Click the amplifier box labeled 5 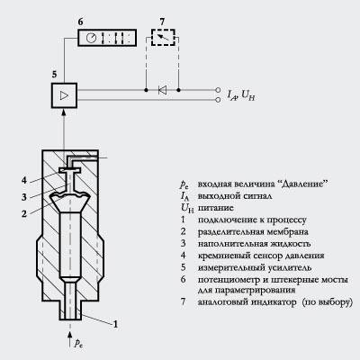pyautogui.click(x=64, y=95)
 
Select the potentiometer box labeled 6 pyautogui.click(x=107, y=38)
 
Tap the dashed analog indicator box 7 pyautogui.click(x=163, y=37)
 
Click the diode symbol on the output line pyautogui.click(x=162, y=90)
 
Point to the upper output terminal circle pyautogui.click(x=218, y=90)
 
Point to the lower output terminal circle pyautogui.click(x=218, y=100)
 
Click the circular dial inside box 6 pyautogui.click(x=91, y=38)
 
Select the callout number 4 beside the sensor pyautogui.click(x=24, y=181)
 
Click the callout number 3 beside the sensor pyautogui.click(x=24, y=197)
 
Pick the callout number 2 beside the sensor pyautogui.click(x=24, y=213)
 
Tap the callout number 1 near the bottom pyautogui.click(x=115, y=324)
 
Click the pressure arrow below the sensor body pyautogui.click(x=70, y=339)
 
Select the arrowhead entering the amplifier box pyautogui.click(x=64, y=112)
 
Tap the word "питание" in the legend pyautogui.click(x=216, y=208)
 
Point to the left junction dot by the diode pyautogui.click(x=146, y=90)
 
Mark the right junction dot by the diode pyautogui.click(x=179, y=90)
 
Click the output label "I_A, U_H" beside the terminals pyautogui.click(x=241, y=95)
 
